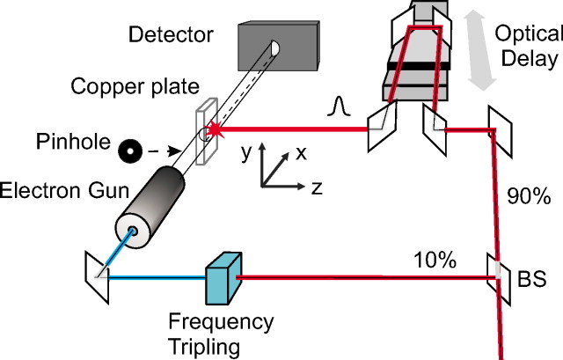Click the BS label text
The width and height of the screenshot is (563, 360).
point(533,279)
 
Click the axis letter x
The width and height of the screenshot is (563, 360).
point(301,151)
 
